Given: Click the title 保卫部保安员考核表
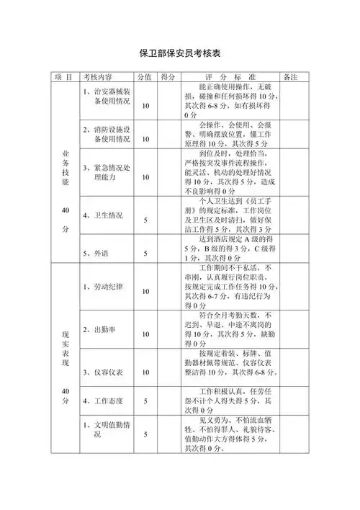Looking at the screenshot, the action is [179, 53].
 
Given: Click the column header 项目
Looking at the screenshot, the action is [63, 76].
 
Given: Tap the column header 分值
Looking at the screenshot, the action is [145, 76].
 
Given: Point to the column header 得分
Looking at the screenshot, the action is [170, 76].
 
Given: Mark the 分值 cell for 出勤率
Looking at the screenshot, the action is [145, 335].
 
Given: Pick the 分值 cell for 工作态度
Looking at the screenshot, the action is [145, 401].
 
